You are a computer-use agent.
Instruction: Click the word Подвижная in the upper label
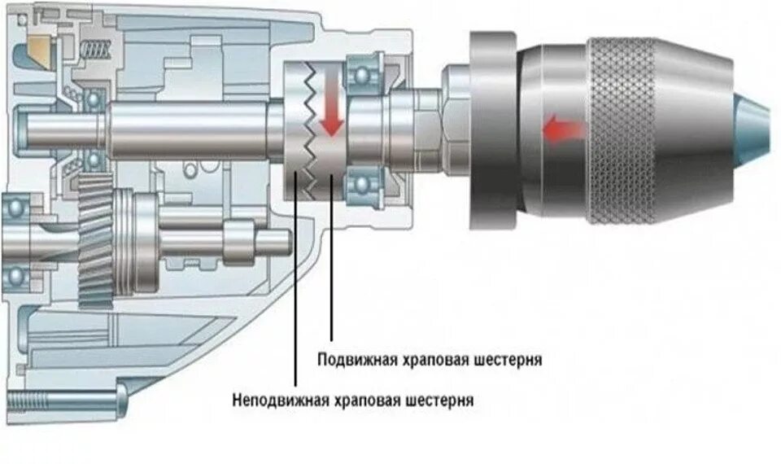(356, 359)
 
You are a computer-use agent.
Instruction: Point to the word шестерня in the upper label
(508, 359)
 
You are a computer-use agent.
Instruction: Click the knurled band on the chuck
(622, 130)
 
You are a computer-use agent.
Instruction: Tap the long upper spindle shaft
(187, 130)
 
